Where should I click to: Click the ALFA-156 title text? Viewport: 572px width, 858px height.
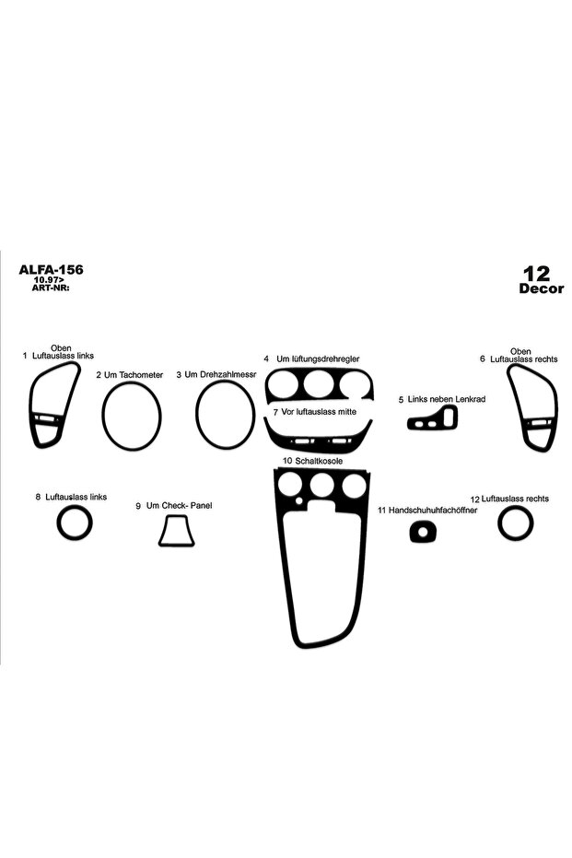51,269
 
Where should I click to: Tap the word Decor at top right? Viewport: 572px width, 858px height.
541,288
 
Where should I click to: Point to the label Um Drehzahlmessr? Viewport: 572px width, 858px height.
216,374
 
